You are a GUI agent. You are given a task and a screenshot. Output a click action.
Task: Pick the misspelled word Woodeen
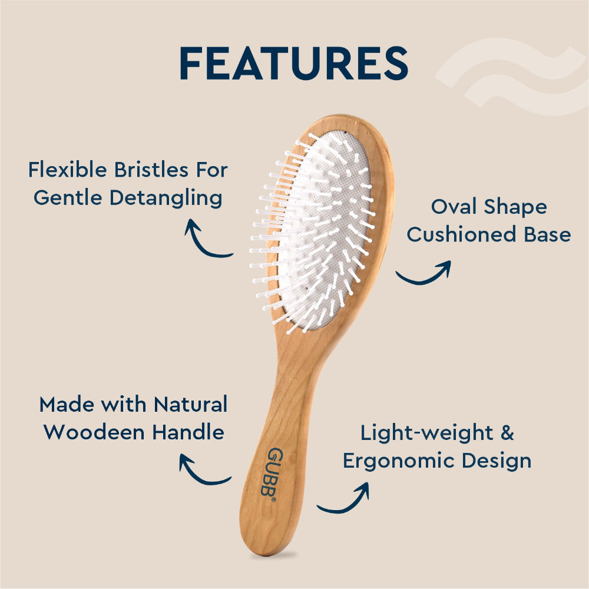coord(94,432)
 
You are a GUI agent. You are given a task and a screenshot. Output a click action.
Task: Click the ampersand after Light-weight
coord(507,433)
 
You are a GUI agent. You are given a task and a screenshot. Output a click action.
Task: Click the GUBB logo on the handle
coord(264,475)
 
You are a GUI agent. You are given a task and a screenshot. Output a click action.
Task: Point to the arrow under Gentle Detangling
coord(206,240)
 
